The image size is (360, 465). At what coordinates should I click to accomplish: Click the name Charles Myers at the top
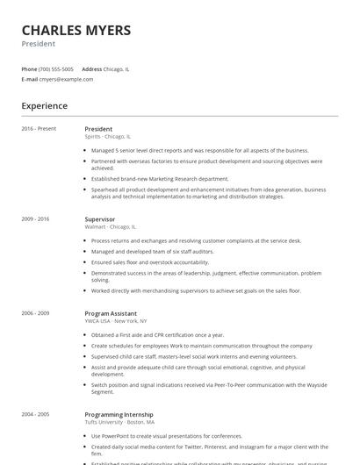coord(76,30)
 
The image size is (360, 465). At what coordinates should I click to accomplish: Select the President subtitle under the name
coord(38,44)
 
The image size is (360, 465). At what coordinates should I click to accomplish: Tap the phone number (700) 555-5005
coord(56,68)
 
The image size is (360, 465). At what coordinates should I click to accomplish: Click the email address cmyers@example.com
coord(66,79)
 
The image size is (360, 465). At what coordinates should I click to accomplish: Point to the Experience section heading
coord(45,106)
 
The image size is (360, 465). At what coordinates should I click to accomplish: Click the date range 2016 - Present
coord(39,129)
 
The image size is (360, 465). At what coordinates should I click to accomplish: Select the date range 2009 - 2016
coord(36,218)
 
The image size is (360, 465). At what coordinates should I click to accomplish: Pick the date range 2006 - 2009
coord(36,313)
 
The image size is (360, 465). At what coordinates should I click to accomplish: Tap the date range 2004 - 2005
coord(36,414)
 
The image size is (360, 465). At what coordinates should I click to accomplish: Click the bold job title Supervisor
coord(99,218)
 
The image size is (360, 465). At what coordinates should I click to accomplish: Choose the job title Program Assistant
coord(110,313)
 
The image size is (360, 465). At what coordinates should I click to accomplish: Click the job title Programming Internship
coord(119,414)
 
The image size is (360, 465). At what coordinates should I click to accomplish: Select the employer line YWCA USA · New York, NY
coord(116,321)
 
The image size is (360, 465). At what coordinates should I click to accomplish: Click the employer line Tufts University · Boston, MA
coord(120,422)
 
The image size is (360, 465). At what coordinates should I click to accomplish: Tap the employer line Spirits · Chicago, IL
coord(107,137)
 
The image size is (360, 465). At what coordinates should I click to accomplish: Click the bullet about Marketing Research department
coord(160,178)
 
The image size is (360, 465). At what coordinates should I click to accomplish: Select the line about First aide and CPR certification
coord(158,334)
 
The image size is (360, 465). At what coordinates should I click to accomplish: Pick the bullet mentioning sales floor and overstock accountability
coord(150,261)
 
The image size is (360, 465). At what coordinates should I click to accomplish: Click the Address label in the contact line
coord(91,68)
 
